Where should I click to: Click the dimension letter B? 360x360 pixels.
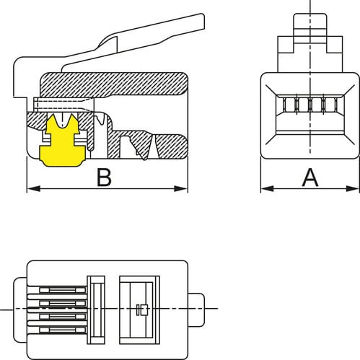click(x=104, y=177)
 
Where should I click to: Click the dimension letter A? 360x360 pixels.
click(x=310, y=177)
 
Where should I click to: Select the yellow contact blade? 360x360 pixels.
click(x=62, y=141)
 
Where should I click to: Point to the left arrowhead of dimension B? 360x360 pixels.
click(x=33, y=189)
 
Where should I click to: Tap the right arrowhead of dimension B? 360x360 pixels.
click(x=181, y=189)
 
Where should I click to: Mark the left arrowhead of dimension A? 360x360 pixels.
click(x=267, y=188)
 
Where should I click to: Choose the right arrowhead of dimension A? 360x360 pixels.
click(x=353, y=188)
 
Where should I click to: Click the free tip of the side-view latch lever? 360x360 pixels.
click(x=203, y=21)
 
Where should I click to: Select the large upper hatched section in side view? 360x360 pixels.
click(x=114, y=84)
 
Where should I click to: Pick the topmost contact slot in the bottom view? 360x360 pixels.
click(x=62, y=290)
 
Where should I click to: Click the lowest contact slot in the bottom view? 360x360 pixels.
click(x=62, y=330)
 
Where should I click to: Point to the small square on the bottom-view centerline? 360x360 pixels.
click(x=144, y=310)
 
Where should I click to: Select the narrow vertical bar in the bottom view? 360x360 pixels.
click(x=96, y=310)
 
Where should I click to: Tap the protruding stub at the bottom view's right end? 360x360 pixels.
click(x=196, y=309)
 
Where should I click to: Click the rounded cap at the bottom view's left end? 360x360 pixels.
click(x=20, y=310)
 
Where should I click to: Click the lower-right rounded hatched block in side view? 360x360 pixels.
click(x=171, y=146)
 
